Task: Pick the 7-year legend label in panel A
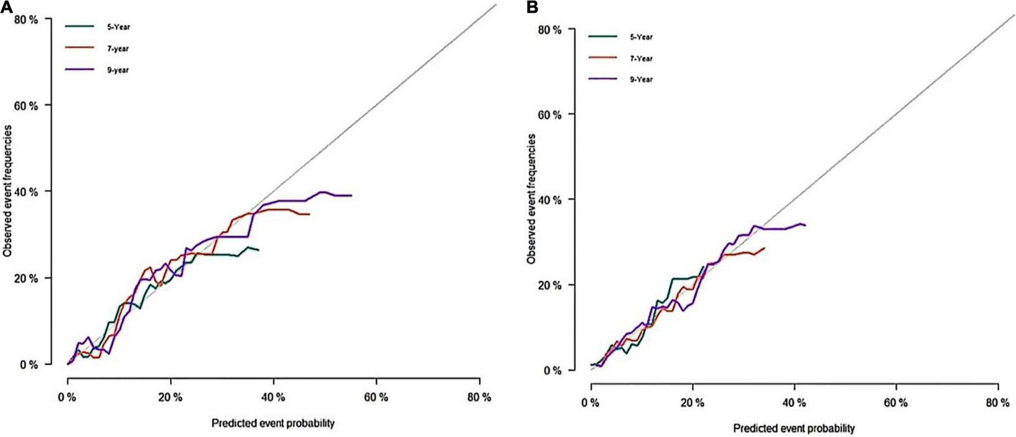119,49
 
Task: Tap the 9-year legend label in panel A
119,70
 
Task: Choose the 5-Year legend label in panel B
641,37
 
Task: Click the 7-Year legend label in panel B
641,58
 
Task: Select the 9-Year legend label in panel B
641,80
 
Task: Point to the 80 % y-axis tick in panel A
26,19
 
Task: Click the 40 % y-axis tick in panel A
26,191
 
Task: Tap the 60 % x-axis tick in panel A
376,397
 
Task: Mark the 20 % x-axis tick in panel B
693,403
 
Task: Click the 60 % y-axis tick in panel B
549,115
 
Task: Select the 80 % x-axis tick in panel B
997,403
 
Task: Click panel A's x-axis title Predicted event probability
273,424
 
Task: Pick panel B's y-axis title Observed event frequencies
532,199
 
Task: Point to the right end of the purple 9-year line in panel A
351,195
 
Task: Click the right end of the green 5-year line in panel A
258,250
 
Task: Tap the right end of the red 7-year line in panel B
764,248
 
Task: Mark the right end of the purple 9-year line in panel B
805,225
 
